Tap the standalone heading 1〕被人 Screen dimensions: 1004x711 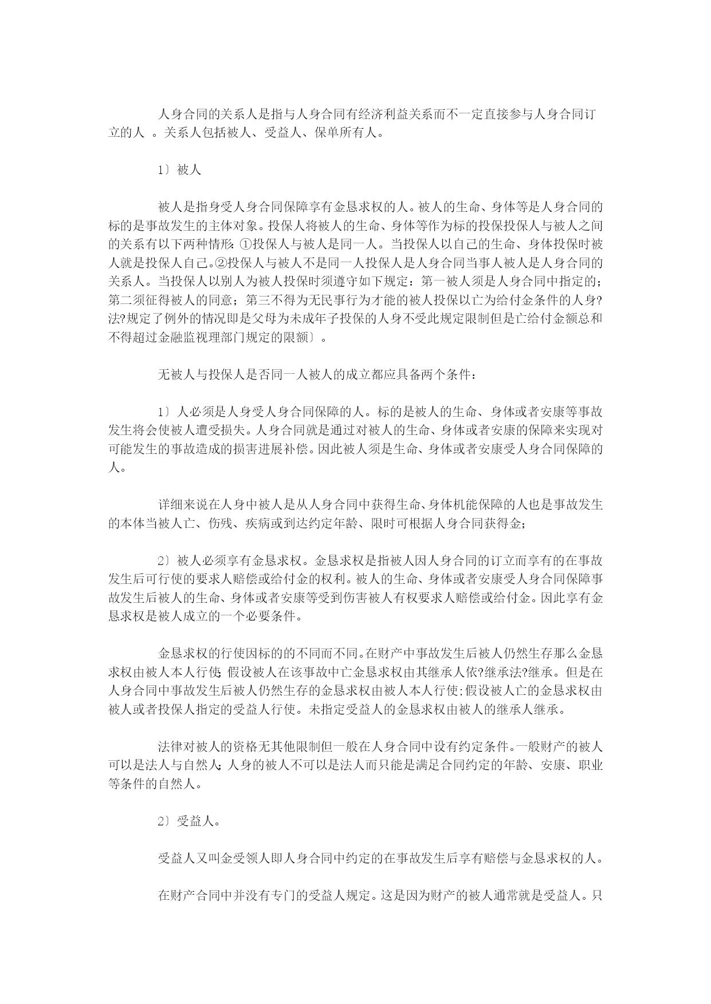tap(180, 170)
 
